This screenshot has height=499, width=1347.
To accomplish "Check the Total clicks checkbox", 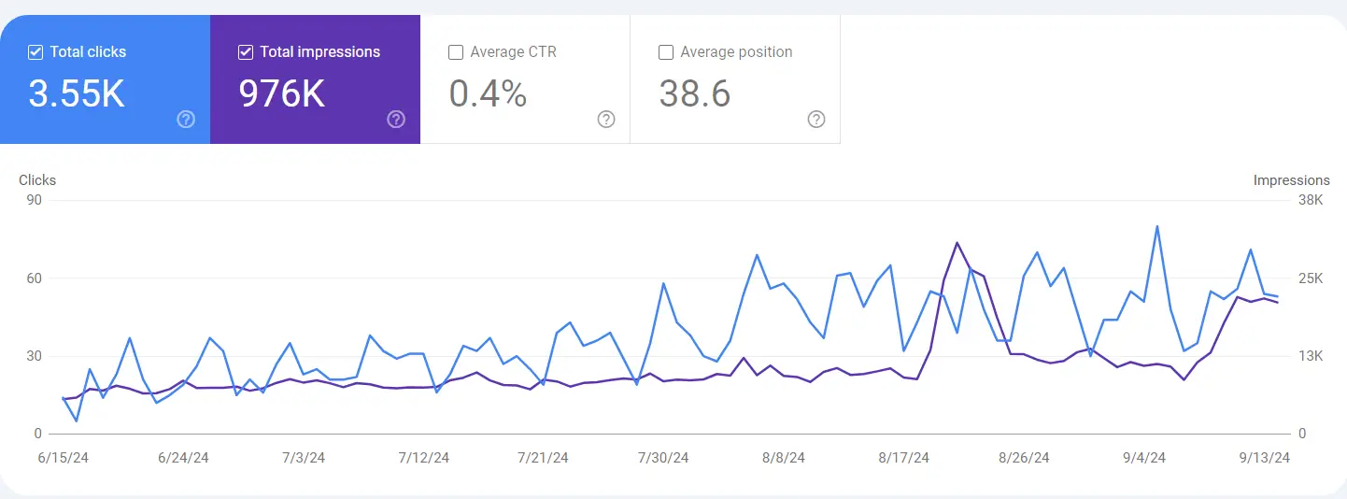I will coord(35,52).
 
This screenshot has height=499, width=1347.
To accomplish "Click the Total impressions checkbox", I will coord(246,52).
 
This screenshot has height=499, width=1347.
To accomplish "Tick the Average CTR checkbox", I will coord(456,52).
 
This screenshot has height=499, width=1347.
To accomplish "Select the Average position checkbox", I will coord(666,52).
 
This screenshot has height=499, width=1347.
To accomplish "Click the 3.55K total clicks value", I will coord(77,93).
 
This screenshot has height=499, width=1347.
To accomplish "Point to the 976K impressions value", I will coord(282,93).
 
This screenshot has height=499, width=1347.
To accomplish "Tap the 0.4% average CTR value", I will coord(488,93).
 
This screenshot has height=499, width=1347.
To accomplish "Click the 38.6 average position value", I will coord(695,93).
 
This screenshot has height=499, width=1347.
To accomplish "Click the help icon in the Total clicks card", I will coord(186,119).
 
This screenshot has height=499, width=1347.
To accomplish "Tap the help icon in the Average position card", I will coord(816,119).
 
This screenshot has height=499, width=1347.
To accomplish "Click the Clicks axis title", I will coord(37,180).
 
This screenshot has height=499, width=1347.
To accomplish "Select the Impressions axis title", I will coord(1291,180).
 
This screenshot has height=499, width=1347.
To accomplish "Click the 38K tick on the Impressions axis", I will coord(1311,200).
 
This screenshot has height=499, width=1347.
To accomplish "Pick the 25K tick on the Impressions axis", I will coord(1311,278).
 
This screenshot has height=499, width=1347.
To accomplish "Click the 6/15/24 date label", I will coord(64,458).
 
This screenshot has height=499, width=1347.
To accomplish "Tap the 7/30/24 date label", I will coord(663,458).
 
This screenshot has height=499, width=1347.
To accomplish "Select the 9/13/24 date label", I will coord(1264,458).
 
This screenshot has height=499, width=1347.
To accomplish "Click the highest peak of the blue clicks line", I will coord(1157,226).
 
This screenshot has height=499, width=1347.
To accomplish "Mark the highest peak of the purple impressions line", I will coord(957,243).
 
